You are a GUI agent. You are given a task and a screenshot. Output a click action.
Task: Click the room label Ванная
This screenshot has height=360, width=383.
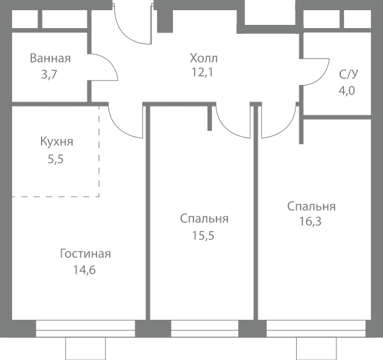click(x=50, y=58)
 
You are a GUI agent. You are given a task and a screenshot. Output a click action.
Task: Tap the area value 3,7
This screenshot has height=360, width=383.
click(x=49, y=75)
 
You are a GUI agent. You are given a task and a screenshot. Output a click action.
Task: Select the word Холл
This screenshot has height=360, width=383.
click(x=204, y=58)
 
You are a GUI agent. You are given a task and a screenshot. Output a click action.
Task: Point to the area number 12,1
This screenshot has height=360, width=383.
click(x=202, y=72)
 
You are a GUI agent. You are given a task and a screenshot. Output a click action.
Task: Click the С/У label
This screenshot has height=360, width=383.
click(x=349, y=74)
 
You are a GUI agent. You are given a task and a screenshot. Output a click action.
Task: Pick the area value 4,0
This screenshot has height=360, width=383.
click(x=347, y=91)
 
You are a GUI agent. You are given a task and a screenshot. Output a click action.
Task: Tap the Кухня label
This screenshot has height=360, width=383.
click(x=57, y=142)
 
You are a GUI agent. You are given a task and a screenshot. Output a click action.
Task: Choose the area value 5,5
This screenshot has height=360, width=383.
click(x=56, y=159)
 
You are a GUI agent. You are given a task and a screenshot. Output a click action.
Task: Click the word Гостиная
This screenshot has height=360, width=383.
click(x=86, y=254)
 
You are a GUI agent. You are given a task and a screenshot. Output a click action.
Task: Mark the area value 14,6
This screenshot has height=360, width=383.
click(x=84, y=270)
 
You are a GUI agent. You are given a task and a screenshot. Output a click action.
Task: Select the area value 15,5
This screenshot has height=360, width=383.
click(x=203, y=236)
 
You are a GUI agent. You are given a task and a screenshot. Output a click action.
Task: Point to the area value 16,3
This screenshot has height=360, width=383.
click(x=310, y=221)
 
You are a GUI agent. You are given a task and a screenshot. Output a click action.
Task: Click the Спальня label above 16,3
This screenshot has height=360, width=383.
click(x=312, y=207)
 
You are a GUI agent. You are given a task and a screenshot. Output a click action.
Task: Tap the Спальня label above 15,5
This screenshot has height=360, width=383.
click(x=204, y=219)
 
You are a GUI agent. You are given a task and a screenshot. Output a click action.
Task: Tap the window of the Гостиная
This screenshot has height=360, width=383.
click(x=86, y=329)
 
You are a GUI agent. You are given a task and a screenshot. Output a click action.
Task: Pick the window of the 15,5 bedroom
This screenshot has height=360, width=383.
click(x=205, y=329)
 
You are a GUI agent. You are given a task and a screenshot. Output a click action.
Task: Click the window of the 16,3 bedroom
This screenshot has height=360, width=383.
click(x=316, y=329)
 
